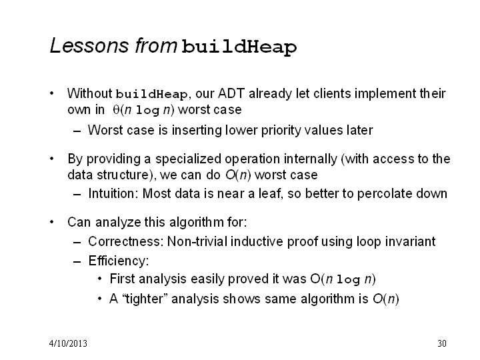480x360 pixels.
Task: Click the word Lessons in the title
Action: point(89,45)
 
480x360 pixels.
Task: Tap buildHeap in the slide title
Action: point(239,47)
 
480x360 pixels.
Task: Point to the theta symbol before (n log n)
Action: point(116,109)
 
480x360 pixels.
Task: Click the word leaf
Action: point(270,193)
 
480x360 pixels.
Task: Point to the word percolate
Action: point(383,194)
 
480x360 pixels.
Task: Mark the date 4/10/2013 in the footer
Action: point(68,343)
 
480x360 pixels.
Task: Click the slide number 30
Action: point(442,343)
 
